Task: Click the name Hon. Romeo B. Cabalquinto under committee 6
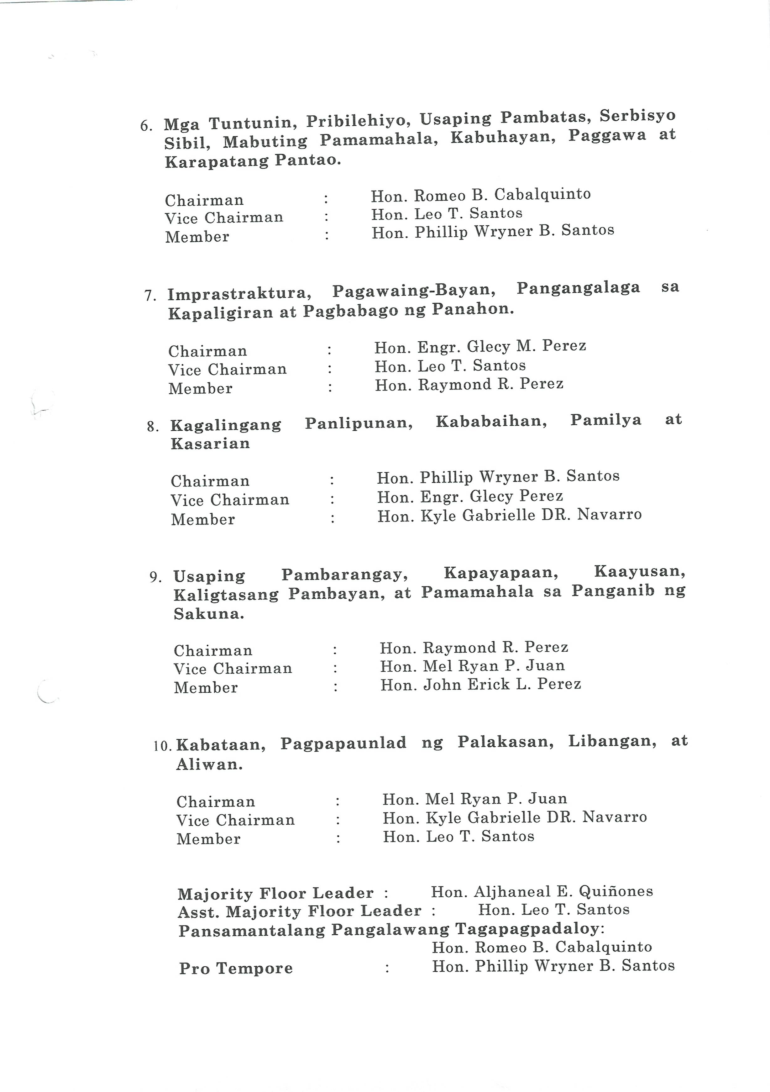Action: click(x=480, y=195)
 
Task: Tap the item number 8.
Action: click(x=153, y=427)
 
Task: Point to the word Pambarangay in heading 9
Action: click(x=345, y=575)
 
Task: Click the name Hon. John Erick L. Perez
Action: click(x=480, y=685)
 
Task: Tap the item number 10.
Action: click(x=162, y=746)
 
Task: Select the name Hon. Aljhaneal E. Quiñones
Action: click(x=542, y=892)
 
